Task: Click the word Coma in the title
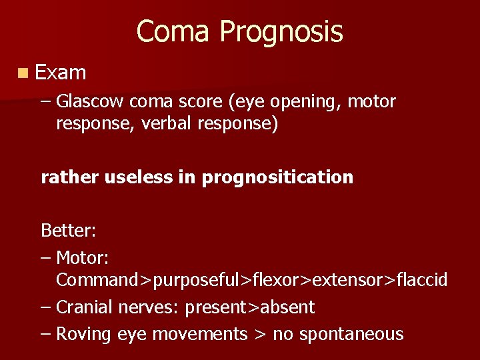click(x=174, y=31)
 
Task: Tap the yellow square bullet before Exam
click(x=24, y=72)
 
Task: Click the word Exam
click(x=61, y=72)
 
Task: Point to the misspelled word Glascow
click(x=90, y=102)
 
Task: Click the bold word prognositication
click(x=277, y=178)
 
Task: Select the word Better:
click(x=69, y=231)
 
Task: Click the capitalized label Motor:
click(x=83, y=257)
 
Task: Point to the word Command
click(x=97, y=281)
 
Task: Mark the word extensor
click(x=343, y=281)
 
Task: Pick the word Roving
click(x=83, y=334)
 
